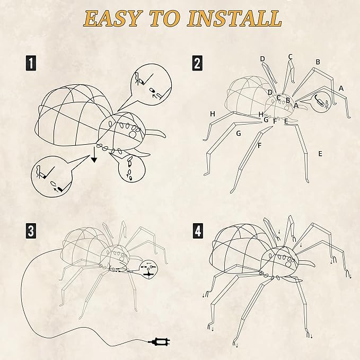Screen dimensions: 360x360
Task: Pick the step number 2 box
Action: pyautogui.click(x=197, y=64)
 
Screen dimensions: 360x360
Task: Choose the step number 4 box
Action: pyautogui.click(x=197, y=231)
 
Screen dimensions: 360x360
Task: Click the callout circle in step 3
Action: pyautogui.click(x=148, y=268)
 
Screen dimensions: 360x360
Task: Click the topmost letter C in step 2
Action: pyautogui.click(x=290, y=57)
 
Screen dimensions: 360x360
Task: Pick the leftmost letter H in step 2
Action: pyautogui.click(x=212, y=113)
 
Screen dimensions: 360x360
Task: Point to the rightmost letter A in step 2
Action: pyautogui.click(x=341, y=88)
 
